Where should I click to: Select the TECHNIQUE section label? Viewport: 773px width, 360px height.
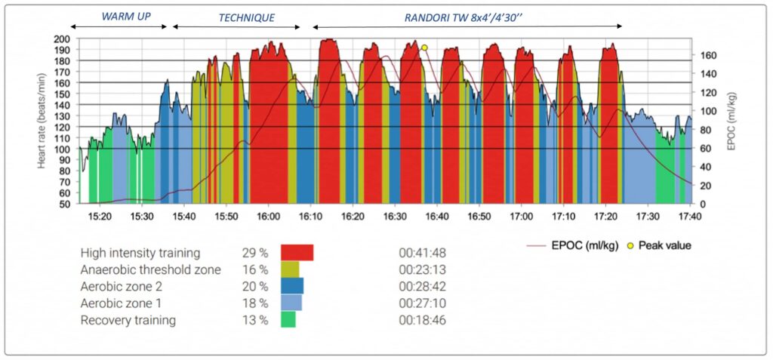(246, 17)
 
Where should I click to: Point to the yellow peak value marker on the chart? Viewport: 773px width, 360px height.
(424, 48)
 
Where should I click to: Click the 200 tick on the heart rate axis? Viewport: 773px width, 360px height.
(62, 38)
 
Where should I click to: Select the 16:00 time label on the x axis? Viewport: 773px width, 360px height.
(268, 216)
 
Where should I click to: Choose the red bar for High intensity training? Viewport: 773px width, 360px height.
(297, 253)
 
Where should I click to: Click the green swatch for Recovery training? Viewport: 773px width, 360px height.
(288, 320)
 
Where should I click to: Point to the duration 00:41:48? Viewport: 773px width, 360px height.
(423, 253)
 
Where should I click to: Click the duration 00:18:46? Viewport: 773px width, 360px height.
(423, 320)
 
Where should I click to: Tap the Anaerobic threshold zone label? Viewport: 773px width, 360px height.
(151, 269)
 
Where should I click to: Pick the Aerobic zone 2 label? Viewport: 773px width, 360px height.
(121, 286)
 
